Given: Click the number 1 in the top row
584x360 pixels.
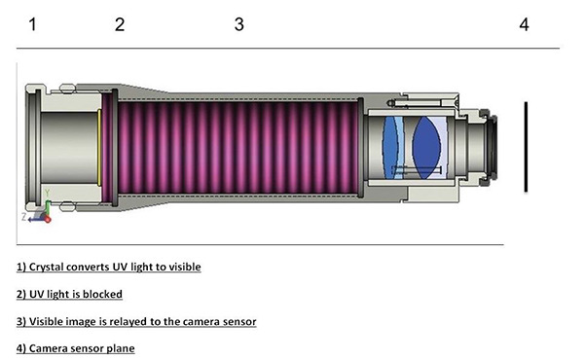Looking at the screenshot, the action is pos(33,24).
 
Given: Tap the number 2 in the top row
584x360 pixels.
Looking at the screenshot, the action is pos(120,24).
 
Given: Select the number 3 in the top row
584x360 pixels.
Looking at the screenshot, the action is pos(239,24).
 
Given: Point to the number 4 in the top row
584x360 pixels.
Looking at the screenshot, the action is pos(524,24).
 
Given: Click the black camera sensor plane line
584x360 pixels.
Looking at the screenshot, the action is pos(526,147).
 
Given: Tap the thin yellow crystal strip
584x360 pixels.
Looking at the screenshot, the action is pos(99,148).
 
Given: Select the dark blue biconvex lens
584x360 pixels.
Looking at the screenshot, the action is pos(426,148).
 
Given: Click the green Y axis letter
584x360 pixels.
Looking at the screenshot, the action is pos(48,194).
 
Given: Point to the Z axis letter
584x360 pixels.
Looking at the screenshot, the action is pos(23,217).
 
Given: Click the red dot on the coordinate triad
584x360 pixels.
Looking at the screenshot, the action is pos(48,220).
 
